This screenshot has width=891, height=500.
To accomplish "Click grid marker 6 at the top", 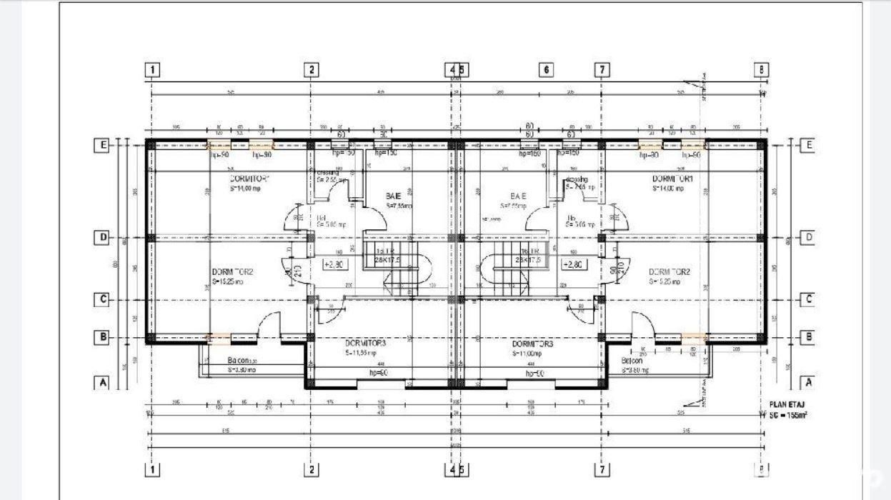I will coord(545,70).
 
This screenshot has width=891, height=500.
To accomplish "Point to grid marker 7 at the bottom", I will coord(602,470).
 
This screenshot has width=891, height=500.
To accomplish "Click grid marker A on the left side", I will coord(102,383).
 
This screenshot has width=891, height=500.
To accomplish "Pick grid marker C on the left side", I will coord(102,299).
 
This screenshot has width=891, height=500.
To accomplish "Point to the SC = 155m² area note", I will coord(786,414).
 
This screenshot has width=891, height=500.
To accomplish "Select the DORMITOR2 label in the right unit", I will coord(669,271).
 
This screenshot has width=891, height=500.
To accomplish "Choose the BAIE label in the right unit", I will coord(518,196).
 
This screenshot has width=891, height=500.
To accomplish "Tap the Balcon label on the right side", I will coord(632,361).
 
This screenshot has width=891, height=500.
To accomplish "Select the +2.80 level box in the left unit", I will coord(334,264).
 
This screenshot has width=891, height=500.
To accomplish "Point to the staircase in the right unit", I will coord(516,264).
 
